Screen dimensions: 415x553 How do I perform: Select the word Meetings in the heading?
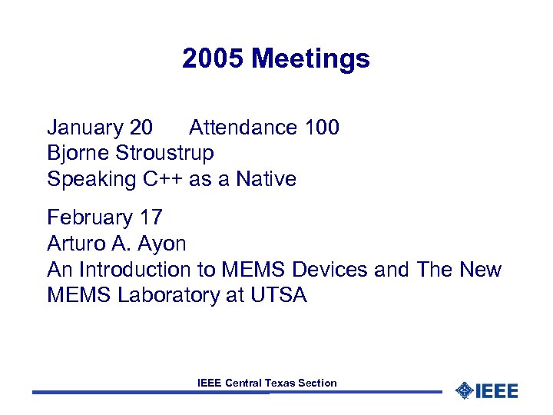tap(311, 58)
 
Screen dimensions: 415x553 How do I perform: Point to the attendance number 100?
tap(322, 128)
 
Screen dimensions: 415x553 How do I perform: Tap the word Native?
tap(266, 179)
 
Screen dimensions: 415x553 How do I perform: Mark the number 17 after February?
tap(151, 218)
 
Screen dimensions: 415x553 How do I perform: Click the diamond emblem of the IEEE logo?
tap(464, 390)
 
